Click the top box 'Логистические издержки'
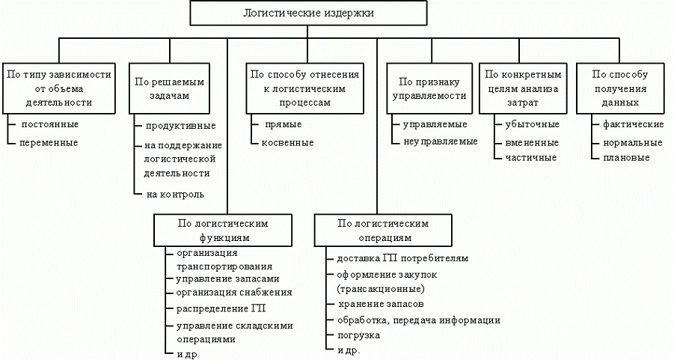pyautogui.click(x=309, y=13)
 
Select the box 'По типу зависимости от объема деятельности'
pyautogui.click(x=58, y=88)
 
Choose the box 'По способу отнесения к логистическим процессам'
pyautogui.click(x=304, y=88)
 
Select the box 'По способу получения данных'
pyautogui.click(x=619, y=88)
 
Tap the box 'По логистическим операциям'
pyautogui.click(x=382, y=230)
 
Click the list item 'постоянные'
pyautogui.click(x=51, y=124)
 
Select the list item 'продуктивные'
pyautogui.click(x=180, y=125)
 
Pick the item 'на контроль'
pyautogui.click(x=174, y=195)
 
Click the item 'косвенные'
pyautogui.click(x=287, y=143)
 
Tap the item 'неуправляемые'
pyautogui.click(x=440, y=142)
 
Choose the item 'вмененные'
pyautogui.click(x=532, y=142)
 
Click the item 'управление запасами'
pyautogui.click(x=221, y=279)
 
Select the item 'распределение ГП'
pyautogui.click(x=221, y=308)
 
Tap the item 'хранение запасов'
pyautogui.click(x=381, y=305)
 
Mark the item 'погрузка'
pyautogui.click(x=358, y=335)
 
